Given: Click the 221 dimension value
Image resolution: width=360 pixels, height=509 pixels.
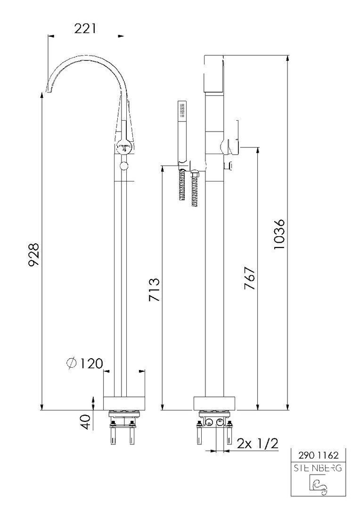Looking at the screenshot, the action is click(x=85, y=28).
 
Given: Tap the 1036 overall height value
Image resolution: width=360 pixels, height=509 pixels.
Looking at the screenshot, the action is click(x=279, y=234).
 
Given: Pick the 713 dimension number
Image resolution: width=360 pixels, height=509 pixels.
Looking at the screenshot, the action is click(x=154, y=289).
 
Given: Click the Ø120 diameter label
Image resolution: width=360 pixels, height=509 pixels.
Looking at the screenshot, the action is click(x=84, y=363).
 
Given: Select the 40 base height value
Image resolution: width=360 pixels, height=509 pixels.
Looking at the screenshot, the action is click(x=85, y=422).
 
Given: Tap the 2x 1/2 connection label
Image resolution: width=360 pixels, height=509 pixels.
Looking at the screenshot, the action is click(x=257, y=443).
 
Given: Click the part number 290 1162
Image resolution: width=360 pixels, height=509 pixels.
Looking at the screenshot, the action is click(x=318, y=455).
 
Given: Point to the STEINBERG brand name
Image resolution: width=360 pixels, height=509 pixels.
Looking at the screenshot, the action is click(x=318, y=468).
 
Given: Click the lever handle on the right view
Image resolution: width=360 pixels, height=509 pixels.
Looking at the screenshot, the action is click(x=232, y=147).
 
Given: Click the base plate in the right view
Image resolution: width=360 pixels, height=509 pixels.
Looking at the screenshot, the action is click(x=215, y=403).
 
